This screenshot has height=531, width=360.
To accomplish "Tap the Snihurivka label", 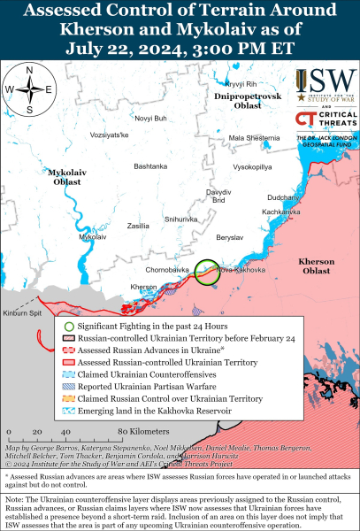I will [181, 219].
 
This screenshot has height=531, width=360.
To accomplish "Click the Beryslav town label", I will [229, 238].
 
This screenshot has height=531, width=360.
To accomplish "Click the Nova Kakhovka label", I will [236, 269].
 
